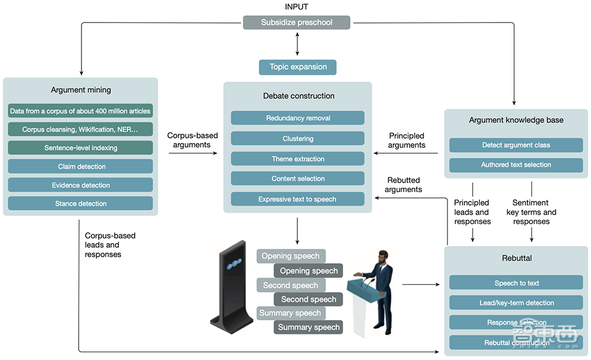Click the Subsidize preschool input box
[x=297, y=23]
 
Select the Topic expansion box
[x=297, y=67]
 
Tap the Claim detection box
[x=80, y=167]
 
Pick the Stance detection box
[x=80, y=203]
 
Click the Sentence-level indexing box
[x=80, y=148]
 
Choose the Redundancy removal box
[x=297, y=118]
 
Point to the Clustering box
[x=297, y=139]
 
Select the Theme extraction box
[x=297, y=159]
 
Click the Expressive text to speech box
[x=297, y=199]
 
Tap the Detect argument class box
[x=516, y=145]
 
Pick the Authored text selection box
[x=516, y=165]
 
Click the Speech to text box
[x=516, y=283]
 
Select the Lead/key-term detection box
[x=516, y=303]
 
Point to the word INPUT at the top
[x=297, y=6]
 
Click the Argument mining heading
[x=80, y=90]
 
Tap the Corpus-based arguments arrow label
[x=193, y=140]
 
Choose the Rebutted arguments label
[x=404, y=185]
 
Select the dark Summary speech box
[x=309, y=327]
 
